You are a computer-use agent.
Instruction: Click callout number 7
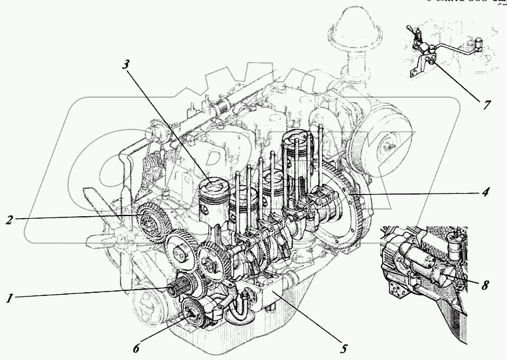click(486, 105)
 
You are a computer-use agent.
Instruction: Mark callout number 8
click(484, 285)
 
